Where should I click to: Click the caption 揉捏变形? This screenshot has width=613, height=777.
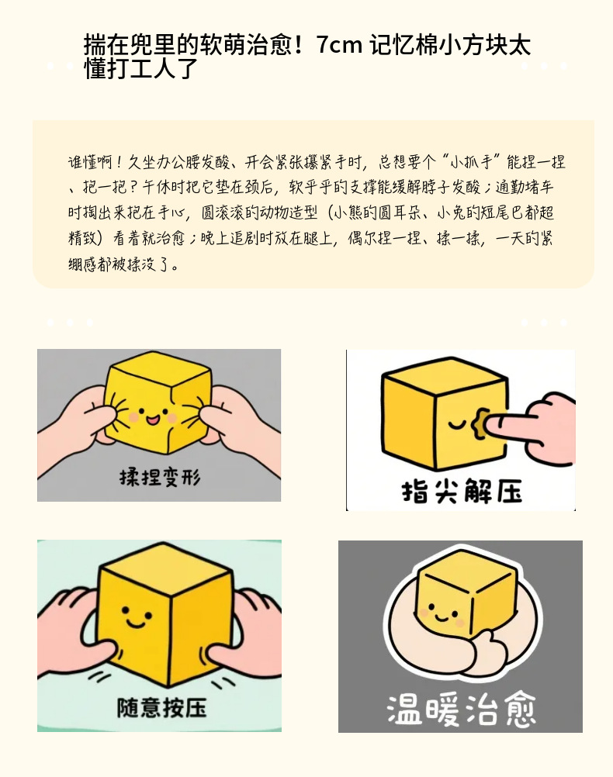click(159, 477)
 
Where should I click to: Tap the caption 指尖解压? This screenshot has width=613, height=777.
click(462, 490)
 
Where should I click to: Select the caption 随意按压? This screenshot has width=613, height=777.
click(161, 706)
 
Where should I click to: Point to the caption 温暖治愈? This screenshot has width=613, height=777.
click(461, 710)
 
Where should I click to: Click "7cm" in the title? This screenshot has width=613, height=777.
click(340, 45)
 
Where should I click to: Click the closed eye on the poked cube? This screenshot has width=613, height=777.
click(456, 423)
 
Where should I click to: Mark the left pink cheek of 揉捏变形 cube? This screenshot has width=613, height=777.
click(133, 417)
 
